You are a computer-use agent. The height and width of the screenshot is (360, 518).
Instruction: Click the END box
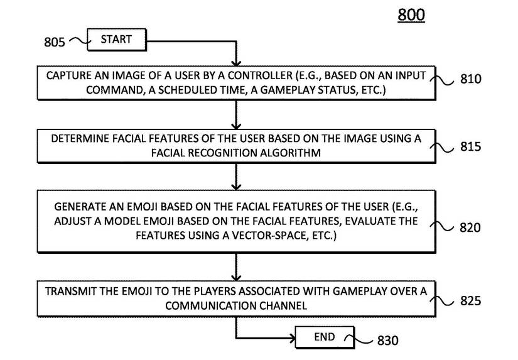click(324, 337)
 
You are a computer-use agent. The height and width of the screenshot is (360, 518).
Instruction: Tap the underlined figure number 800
click(411, 15)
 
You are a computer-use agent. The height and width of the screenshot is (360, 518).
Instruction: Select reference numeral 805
click(55, 43)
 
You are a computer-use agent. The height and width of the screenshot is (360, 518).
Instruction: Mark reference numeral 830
click(387, 341)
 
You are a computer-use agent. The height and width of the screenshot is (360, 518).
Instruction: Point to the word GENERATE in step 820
click(77, 207)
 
